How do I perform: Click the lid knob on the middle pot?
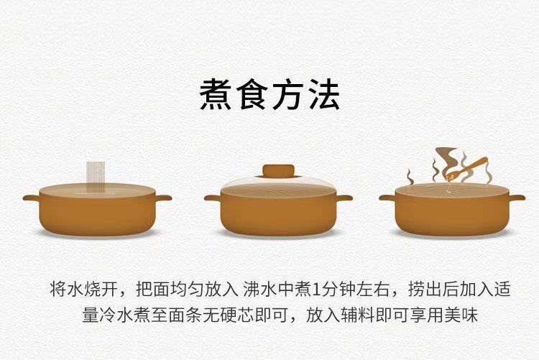[x=278, y=171]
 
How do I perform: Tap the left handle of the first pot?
[x=32, y=198]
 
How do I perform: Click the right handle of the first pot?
[x=163, y=198]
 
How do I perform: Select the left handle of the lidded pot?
[x=213, y=198]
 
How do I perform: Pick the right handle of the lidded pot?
[x=344, y=198]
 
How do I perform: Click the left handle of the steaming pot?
[x=388, y=198]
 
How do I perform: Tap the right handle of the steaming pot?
[x=517, y=198]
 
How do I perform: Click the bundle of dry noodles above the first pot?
[x=96, y=177]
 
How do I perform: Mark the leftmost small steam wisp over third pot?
[x=410, y=177]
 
